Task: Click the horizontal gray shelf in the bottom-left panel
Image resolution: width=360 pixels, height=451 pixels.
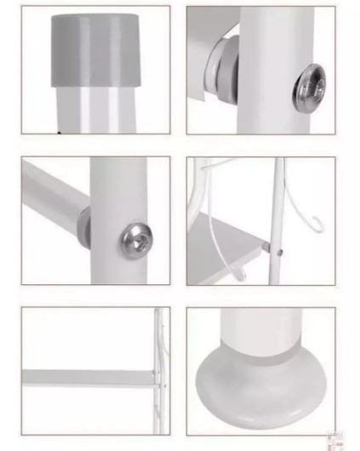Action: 85,376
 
